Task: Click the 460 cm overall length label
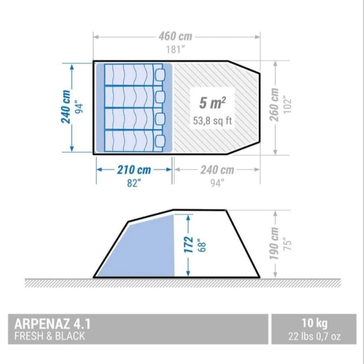coord(175,36)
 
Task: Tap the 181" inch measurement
coord(175,50)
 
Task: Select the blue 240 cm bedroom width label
coord(66,107)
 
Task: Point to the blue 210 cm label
coord(134,170)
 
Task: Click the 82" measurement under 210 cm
coord(134,183)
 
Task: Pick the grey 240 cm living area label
coord(217,170)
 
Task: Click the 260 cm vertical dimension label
coord(274,104)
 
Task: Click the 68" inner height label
coord(202,245)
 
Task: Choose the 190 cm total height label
coord(274,244)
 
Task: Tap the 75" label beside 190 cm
coord(287,244)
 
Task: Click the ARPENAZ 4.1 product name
coord(52,324)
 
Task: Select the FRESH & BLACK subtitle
coord(50,336)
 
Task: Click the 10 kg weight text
coord(314,323)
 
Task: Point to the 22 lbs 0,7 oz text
coord(314,336)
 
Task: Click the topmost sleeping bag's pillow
coord(160,75)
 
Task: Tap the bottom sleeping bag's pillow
coord(160,141)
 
